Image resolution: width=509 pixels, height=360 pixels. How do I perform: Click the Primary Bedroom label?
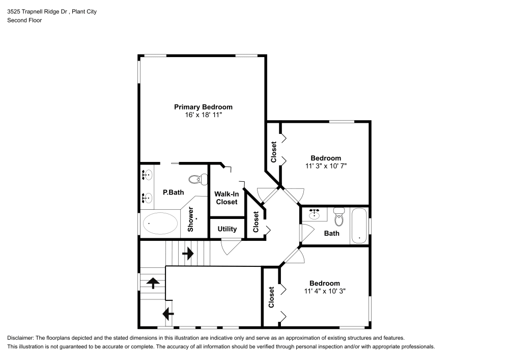click(x=203, y=107)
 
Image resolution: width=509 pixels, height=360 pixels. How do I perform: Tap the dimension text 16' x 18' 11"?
click(x=203, y=116)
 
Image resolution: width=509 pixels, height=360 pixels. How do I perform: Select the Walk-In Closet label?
click(x=227, y=198)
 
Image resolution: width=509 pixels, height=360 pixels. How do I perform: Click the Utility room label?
click(x=227, y=229)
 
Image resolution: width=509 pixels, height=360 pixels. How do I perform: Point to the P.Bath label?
click(x=173, y=192)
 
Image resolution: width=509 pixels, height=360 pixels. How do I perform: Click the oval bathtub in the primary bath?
click(x=160, y=223)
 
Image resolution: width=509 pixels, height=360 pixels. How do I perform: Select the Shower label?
click(x=191, y=219)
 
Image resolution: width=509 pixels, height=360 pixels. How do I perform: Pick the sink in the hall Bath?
click(x=315, y=214)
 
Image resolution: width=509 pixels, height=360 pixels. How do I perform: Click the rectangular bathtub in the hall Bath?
click(x=359, y=225)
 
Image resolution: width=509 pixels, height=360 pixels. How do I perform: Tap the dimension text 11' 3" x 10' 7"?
click(x=326, y=166)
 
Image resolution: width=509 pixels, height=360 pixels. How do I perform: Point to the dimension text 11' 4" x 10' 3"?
click(x=325, y=291)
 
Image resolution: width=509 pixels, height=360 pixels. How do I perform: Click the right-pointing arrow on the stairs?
click(x=188, y=253)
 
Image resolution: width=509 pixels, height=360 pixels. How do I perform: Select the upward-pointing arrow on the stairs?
click(x=153, y=283)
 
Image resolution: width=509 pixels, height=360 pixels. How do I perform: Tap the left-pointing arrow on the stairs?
click(x=168, y=313)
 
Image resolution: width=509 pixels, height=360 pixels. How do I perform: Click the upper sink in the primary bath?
click(x=147, y=175)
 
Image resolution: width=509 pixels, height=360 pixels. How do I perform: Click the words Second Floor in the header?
click(x=24, y=20)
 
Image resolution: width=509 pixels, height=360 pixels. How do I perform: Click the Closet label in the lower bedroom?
click(x=271, y=297)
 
